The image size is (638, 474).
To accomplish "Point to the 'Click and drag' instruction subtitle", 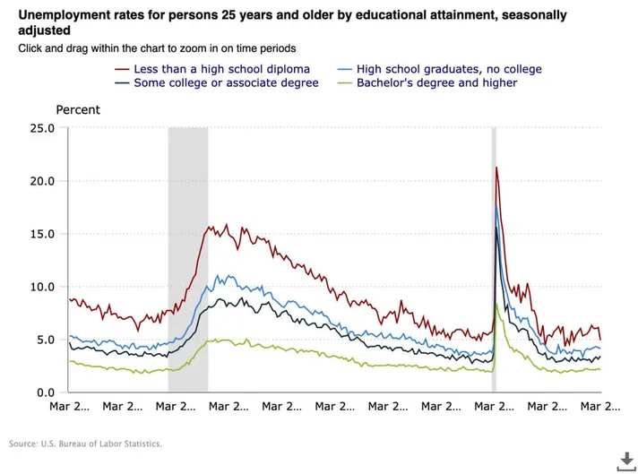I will click(157, 47).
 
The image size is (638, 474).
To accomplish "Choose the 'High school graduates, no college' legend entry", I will click(449, 69).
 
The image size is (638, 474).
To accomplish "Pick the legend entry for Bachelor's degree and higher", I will click(436, 83).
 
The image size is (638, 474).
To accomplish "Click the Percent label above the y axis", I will click(78, 110).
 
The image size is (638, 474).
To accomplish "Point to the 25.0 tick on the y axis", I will click(42, 128).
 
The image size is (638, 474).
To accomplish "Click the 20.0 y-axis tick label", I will click(42, 181).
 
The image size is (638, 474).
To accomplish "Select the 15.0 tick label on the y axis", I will click(42, 234).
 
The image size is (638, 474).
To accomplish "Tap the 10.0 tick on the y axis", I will click(42, 287).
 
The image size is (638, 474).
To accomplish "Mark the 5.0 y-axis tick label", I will click(46, 340).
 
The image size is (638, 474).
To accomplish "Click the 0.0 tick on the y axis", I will click(46, 392).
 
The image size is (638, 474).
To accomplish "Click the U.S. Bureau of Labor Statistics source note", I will click(86, 444).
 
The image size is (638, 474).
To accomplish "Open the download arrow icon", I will click(621, 460).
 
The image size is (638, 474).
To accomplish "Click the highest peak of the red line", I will click(496, 168).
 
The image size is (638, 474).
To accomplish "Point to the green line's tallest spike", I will click(496, 305).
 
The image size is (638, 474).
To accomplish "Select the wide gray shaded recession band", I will click(188, 260).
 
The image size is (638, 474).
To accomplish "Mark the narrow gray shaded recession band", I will click(494, 260).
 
